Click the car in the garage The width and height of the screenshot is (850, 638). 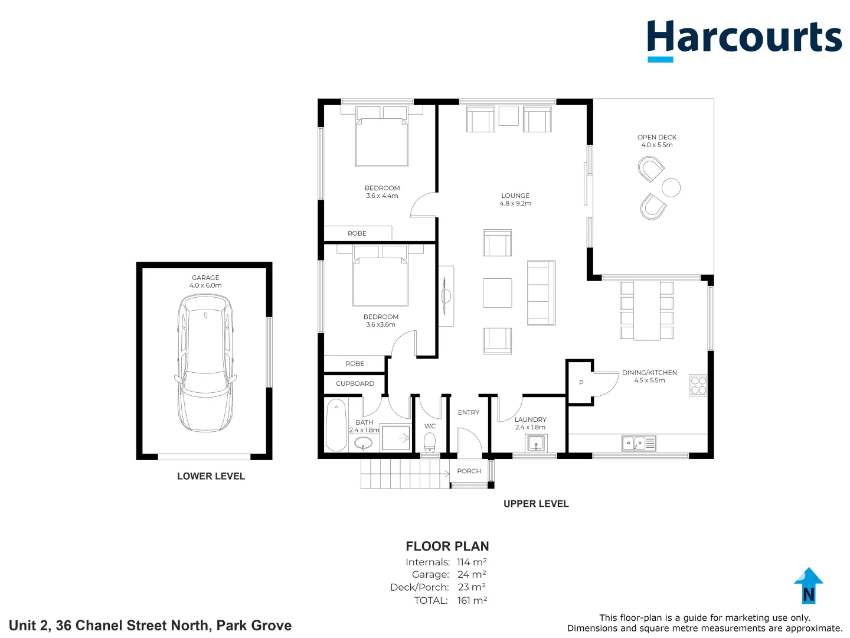205,363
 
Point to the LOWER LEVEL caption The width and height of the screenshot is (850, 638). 211,476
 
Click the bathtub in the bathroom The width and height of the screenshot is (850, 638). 336,424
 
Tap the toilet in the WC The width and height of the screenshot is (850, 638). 430,442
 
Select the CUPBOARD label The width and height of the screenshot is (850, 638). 355,384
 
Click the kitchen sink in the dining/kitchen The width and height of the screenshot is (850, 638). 638,443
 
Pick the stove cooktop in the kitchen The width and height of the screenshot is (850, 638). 698,386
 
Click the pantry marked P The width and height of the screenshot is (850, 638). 581,383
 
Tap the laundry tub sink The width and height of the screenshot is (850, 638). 536,442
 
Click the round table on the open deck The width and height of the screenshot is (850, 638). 671,188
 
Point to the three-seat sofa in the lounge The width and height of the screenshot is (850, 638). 541,293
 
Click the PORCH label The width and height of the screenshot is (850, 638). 469,471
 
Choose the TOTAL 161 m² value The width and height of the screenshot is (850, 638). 472,601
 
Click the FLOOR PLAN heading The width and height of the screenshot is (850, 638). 447,546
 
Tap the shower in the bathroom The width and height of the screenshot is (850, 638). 395,438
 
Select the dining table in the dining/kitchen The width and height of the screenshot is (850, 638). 646,311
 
